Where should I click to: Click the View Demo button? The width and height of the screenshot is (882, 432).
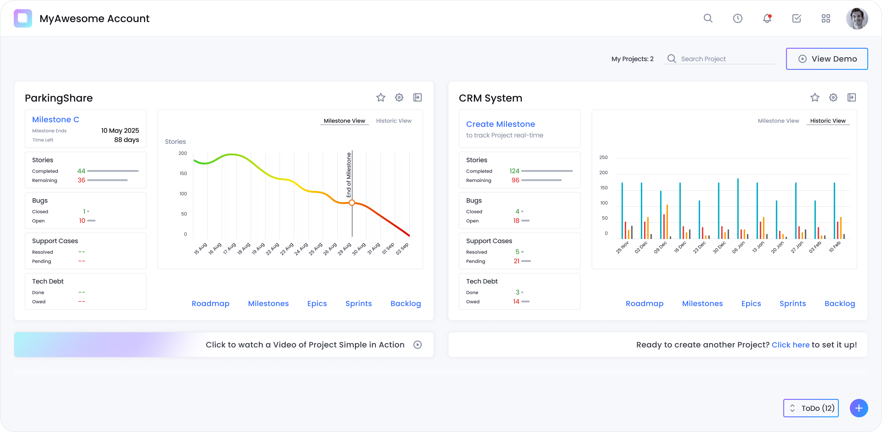coord(827,59)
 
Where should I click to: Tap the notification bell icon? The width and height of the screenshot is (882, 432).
coord(767,18)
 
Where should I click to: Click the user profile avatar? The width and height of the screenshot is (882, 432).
coord(857,18)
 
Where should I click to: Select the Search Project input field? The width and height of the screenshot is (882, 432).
coord(726,59)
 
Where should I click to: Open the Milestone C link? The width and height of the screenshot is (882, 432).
coord(55,119)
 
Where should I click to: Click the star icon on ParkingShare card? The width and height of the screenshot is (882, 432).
coord(381,98)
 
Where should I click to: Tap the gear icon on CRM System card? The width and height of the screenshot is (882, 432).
coord(833,98)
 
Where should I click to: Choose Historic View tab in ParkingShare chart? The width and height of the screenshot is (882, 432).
coord(394,121)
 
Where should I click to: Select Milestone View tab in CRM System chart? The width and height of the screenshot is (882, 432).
coord(778,121)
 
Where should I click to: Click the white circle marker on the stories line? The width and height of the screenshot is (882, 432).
coord(352,203)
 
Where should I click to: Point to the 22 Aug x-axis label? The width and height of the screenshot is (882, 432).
coord(273,249)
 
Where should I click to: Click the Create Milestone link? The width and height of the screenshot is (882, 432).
coord(500,124)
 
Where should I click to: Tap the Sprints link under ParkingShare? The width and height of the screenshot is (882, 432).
coord(359,304)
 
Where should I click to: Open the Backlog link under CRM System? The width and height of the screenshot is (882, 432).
coord(839,304)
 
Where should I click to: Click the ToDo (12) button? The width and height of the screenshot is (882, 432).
coord(811,408)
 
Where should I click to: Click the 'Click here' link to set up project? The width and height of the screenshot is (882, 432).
coord(790,345)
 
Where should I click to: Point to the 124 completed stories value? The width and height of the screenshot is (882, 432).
coord(514,171)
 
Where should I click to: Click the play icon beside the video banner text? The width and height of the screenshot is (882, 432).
coord(417,345)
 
